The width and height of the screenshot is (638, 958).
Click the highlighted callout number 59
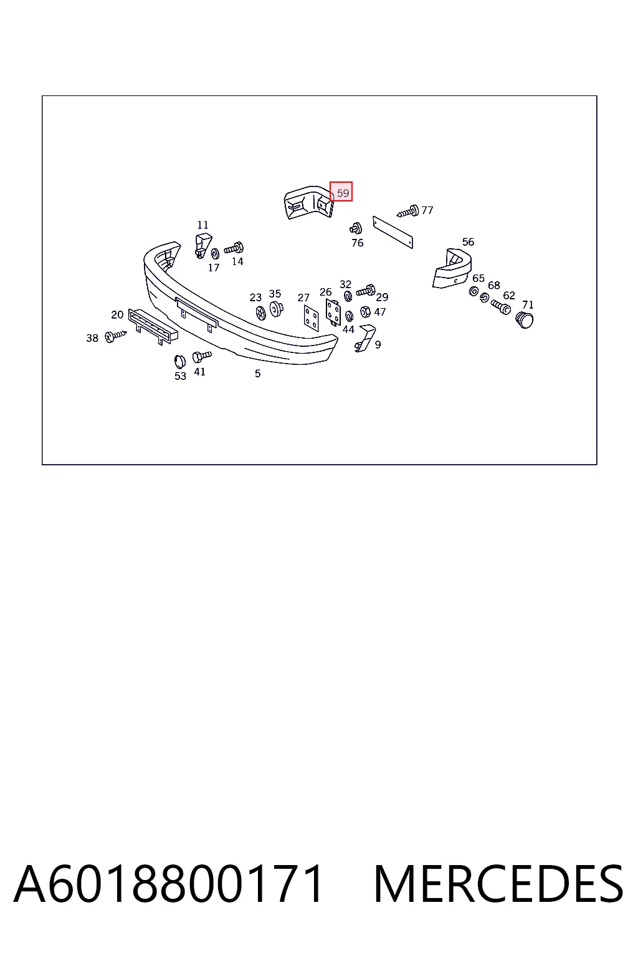[343, 193]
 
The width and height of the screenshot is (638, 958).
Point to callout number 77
[427, 210]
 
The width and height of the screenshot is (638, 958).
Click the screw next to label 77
[407, 211]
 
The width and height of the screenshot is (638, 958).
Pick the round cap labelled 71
[525, 319]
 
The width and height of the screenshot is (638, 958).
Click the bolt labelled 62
[500, 307]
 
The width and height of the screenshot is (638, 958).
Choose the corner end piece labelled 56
[452, 268]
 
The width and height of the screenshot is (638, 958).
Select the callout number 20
[117, 315]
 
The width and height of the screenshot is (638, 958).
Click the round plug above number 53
[180, 362]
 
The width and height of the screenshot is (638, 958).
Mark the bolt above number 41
[202, 356]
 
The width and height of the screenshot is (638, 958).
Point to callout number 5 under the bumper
[258, 374]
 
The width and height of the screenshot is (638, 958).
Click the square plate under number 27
[311, 317]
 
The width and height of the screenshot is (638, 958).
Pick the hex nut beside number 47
[365, 312]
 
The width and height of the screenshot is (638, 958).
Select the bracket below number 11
[203, 246]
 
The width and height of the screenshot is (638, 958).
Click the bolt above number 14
[234, 248]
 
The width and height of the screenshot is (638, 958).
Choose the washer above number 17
[216, 253]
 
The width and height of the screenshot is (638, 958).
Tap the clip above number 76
[356, 228]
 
